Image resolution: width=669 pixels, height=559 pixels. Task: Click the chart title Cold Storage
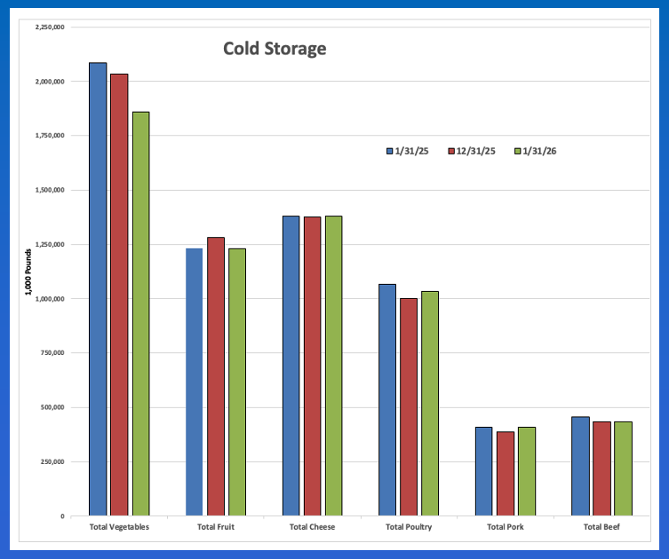275,48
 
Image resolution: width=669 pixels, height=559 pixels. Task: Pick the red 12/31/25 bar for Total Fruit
216,376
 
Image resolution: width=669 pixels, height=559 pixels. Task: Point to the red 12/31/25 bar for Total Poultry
409,407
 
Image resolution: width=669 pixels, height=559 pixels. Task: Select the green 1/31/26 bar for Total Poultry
430,404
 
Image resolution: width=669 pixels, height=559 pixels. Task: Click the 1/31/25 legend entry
408,151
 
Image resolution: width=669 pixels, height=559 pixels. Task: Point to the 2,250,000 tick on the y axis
50,27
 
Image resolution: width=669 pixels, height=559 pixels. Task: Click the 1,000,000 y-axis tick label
50,299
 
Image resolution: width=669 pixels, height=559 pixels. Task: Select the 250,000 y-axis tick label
52,461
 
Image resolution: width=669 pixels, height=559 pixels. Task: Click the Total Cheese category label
312,527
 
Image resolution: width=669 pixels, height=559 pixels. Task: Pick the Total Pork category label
506,527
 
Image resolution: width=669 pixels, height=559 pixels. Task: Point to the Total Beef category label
601,527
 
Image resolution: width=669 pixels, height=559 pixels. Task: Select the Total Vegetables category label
120,527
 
